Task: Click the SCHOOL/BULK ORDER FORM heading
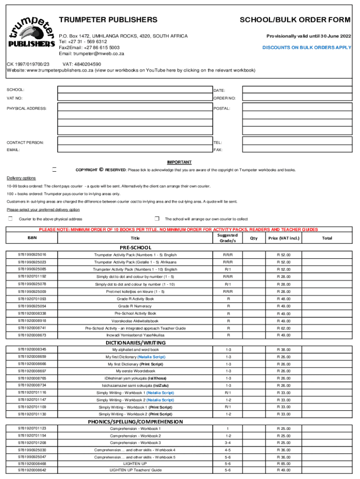click(295, 20)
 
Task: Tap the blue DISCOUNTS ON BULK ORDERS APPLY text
click(306, 48)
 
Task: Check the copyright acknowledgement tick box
click(54, 169)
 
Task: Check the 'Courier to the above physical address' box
click(10, 218)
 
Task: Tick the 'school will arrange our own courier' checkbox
click(157, 218)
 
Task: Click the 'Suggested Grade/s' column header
click(228, 238)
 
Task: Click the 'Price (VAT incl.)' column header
click(283, 238)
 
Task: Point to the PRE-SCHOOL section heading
click(135, 247)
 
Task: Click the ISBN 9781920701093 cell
click(32, 298)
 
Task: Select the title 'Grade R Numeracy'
click(135, 306)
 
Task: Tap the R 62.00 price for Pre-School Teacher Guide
click(283, 328)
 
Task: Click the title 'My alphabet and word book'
click(135, 349)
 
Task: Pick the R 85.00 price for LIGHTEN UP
click(283, 463)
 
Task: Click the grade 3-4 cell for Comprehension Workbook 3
click(228, 443)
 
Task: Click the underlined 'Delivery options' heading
click(21, 178)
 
